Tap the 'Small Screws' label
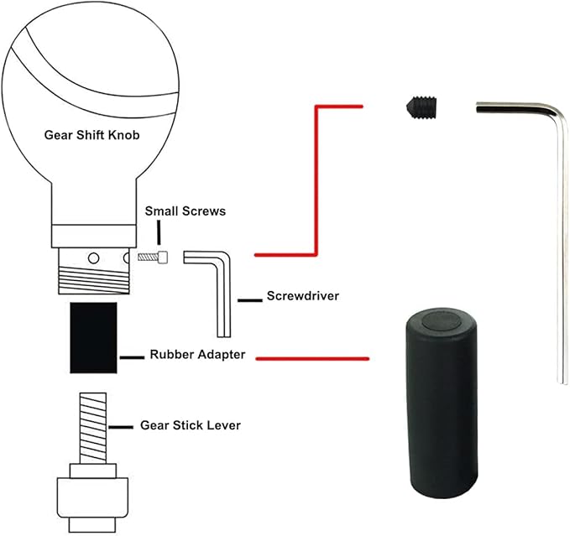click(185, 211)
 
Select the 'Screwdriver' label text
click(303, 296)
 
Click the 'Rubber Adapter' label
click(197, 355)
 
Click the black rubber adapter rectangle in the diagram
click(92, 339)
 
